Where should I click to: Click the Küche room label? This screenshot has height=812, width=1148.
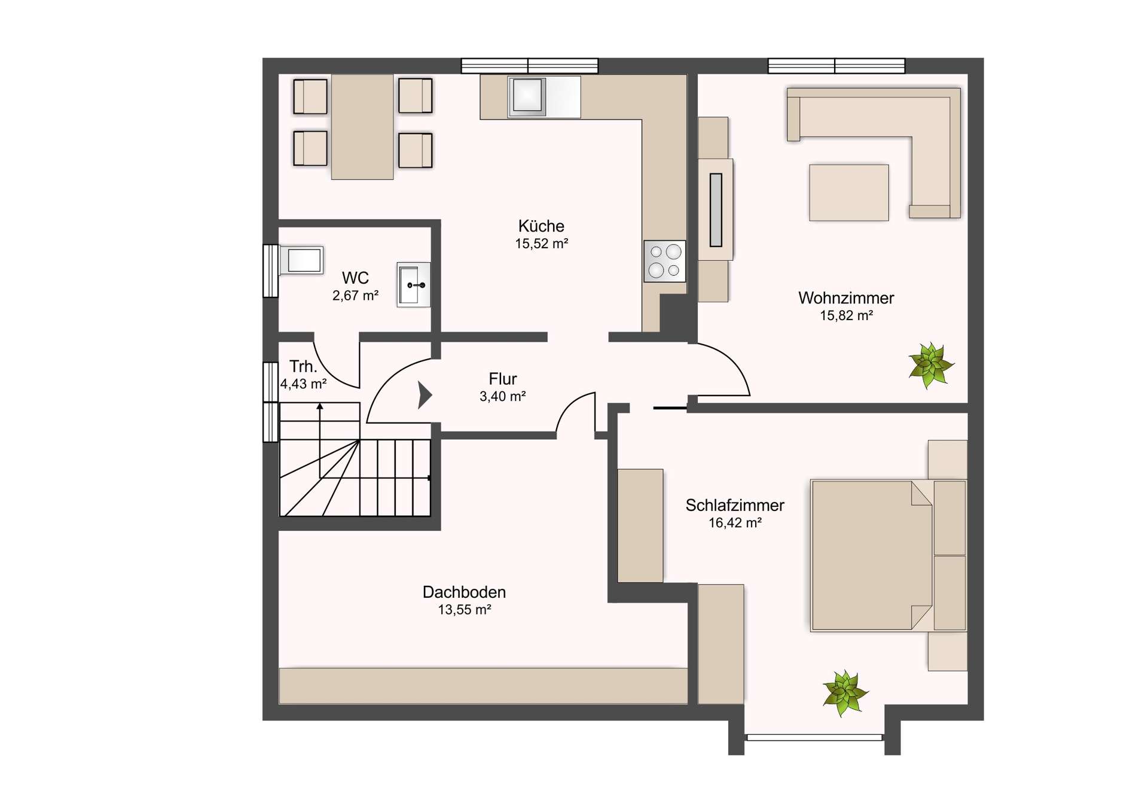click(541, 226)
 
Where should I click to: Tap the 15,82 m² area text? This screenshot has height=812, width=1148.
click(846, 315)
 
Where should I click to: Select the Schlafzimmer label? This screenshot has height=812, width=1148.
click(735, 506)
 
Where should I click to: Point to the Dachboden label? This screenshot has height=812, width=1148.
click(464, 592)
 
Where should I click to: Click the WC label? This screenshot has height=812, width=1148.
click(355, 278)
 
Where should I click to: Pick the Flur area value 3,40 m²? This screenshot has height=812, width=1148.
click(502, 396)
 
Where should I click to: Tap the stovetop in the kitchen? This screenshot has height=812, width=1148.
click(665, 261)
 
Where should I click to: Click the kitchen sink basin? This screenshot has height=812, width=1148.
click(527, 95)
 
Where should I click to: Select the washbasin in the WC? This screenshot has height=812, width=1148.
click(413, 285)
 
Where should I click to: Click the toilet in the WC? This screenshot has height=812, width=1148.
click(301, 260)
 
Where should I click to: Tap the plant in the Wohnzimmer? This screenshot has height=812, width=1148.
click(930, 365)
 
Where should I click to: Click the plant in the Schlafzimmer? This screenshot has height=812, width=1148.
click(844, 693)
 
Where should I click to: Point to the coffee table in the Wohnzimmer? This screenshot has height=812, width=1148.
click(849, 193)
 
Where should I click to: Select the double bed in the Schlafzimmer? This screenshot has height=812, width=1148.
click(889, 555)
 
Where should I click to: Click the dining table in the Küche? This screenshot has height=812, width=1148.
click(362, 127)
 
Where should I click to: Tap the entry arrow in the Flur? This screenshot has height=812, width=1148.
click(425, 395)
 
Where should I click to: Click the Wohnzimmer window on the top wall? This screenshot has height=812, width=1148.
click(836, 66)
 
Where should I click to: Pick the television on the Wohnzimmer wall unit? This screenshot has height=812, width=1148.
click(716, 209)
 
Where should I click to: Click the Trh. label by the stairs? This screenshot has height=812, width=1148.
click(303, 366)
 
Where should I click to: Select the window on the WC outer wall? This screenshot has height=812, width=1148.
click(271, 271)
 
